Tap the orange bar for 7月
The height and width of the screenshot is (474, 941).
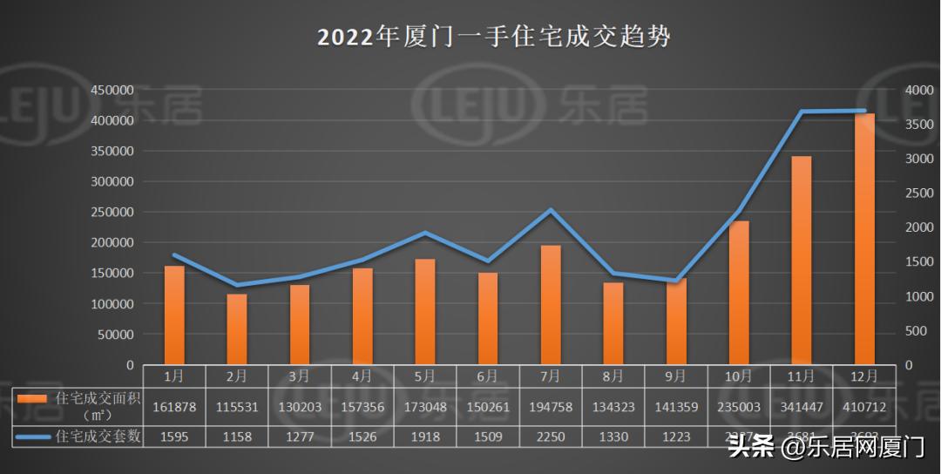pos(551,305)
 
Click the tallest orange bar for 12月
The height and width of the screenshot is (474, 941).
pos(864,239)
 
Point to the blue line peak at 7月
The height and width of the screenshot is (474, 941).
pos(551,210)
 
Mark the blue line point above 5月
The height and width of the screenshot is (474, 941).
pos(425,233)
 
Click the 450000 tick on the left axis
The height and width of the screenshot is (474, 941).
pos(112,91)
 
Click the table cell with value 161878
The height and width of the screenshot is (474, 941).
pos(174,407)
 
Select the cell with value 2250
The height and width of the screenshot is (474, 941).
pos(551,436)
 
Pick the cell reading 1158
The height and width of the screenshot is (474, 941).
pos(237,436)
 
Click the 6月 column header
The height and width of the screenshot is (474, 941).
pos(488,376)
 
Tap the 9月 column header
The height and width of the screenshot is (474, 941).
pos(676,376)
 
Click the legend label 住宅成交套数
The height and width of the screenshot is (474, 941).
pos(98,436)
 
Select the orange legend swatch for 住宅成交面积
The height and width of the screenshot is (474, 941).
pos(32,398)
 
